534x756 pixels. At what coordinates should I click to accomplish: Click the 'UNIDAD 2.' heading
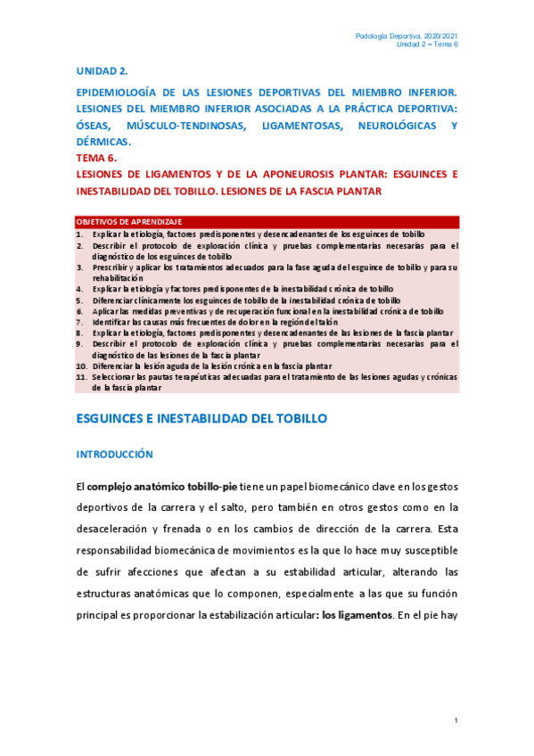pos(103,70)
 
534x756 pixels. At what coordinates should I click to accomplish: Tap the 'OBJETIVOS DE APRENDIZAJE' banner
pos(129,221)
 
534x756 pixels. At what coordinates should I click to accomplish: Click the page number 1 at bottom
pos(455,719)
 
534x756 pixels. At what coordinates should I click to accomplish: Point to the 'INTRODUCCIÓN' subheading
pos(114,454)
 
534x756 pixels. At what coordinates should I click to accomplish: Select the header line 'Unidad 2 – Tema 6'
pos(426,45)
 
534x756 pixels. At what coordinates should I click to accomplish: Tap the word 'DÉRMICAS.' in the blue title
pos(104,142)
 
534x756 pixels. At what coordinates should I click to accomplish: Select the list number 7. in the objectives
pos(79,323)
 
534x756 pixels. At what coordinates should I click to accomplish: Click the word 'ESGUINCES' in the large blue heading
pos(117,417)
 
